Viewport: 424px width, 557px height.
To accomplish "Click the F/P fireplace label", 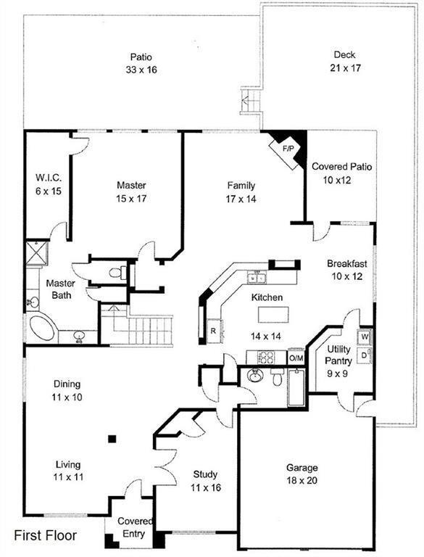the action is point(288,149).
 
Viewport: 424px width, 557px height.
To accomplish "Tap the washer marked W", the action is point(365,337).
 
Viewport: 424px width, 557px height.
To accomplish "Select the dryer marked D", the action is point(365,355).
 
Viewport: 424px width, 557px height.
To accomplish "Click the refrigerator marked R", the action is point(213,331).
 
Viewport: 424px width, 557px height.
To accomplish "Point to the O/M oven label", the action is point(296,358).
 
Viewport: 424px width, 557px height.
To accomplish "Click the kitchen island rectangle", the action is point(273,314).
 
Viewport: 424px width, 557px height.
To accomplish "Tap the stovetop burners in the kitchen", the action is point(266,358).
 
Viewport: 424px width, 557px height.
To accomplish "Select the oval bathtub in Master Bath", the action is point(42,329).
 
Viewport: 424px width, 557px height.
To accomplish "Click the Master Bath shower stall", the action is point(36,253).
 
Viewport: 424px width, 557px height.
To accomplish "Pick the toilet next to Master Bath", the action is point(117,273).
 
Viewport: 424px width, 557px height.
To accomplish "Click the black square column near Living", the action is point(112,439).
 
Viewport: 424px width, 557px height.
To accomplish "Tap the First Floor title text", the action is point(45,535).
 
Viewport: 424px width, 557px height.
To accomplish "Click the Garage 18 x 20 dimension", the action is point(302,481).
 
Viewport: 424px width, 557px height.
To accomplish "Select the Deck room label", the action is point(344,54).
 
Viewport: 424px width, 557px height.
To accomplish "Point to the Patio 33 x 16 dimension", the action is point(141,70).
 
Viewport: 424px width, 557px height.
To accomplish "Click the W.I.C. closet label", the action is point(49,177).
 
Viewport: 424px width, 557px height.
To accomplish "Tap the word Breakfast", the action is point(347,263).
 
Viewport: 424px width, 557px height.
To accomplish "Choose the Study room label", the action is point(205,474).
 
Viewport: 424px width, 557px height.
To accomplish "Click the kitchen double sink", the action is point(257,278).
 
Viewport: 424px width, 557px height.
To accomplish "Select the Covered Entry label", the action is point(135,527).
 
